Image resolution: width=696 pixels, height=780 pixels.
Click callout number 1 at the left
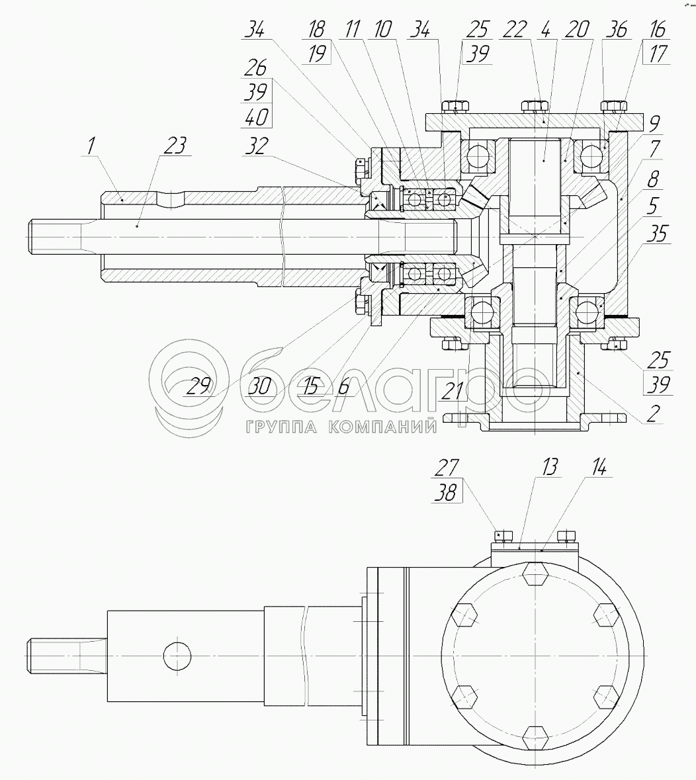point(90,146)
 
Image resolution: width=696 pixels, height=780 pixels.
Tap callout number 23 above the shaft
point(175,146)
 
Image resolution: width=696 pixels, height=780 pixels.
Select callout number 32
point(257,146)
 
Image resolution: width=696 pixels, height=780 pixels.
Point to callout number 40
point(257,117)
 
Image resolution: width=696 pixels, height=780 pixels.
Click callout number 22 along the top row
point(515,30)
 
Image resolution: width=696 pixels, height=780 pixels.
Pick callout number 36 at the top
point(617,30)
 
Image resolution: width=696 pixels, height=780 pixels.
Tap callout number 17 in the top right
point(658,54)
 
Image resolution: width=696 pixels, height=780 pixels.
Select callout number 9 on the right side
point(655,122)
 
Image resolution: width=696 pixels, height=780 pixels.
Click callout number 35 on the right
point(658,234)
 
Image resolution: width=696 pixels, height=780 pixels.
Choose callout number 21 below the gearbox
point(453,391)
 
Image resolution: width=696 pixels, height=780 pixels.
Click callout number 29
point(199,386)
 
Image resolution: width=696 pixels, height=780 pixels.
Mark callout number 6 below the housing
point(344,386)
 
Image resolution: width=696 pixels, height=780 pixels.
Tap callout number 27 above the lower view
point(447,468)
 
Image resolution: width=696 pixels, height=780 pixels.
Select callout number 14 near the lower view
point(599,468)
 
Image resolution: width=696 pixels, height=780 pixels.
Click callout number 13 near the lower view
point(550,468)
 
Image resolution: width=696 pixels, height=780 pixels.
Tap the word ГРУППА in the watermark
point(282,427)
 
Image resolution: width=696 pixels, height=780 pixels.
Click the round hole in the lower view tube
point(177,656)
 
